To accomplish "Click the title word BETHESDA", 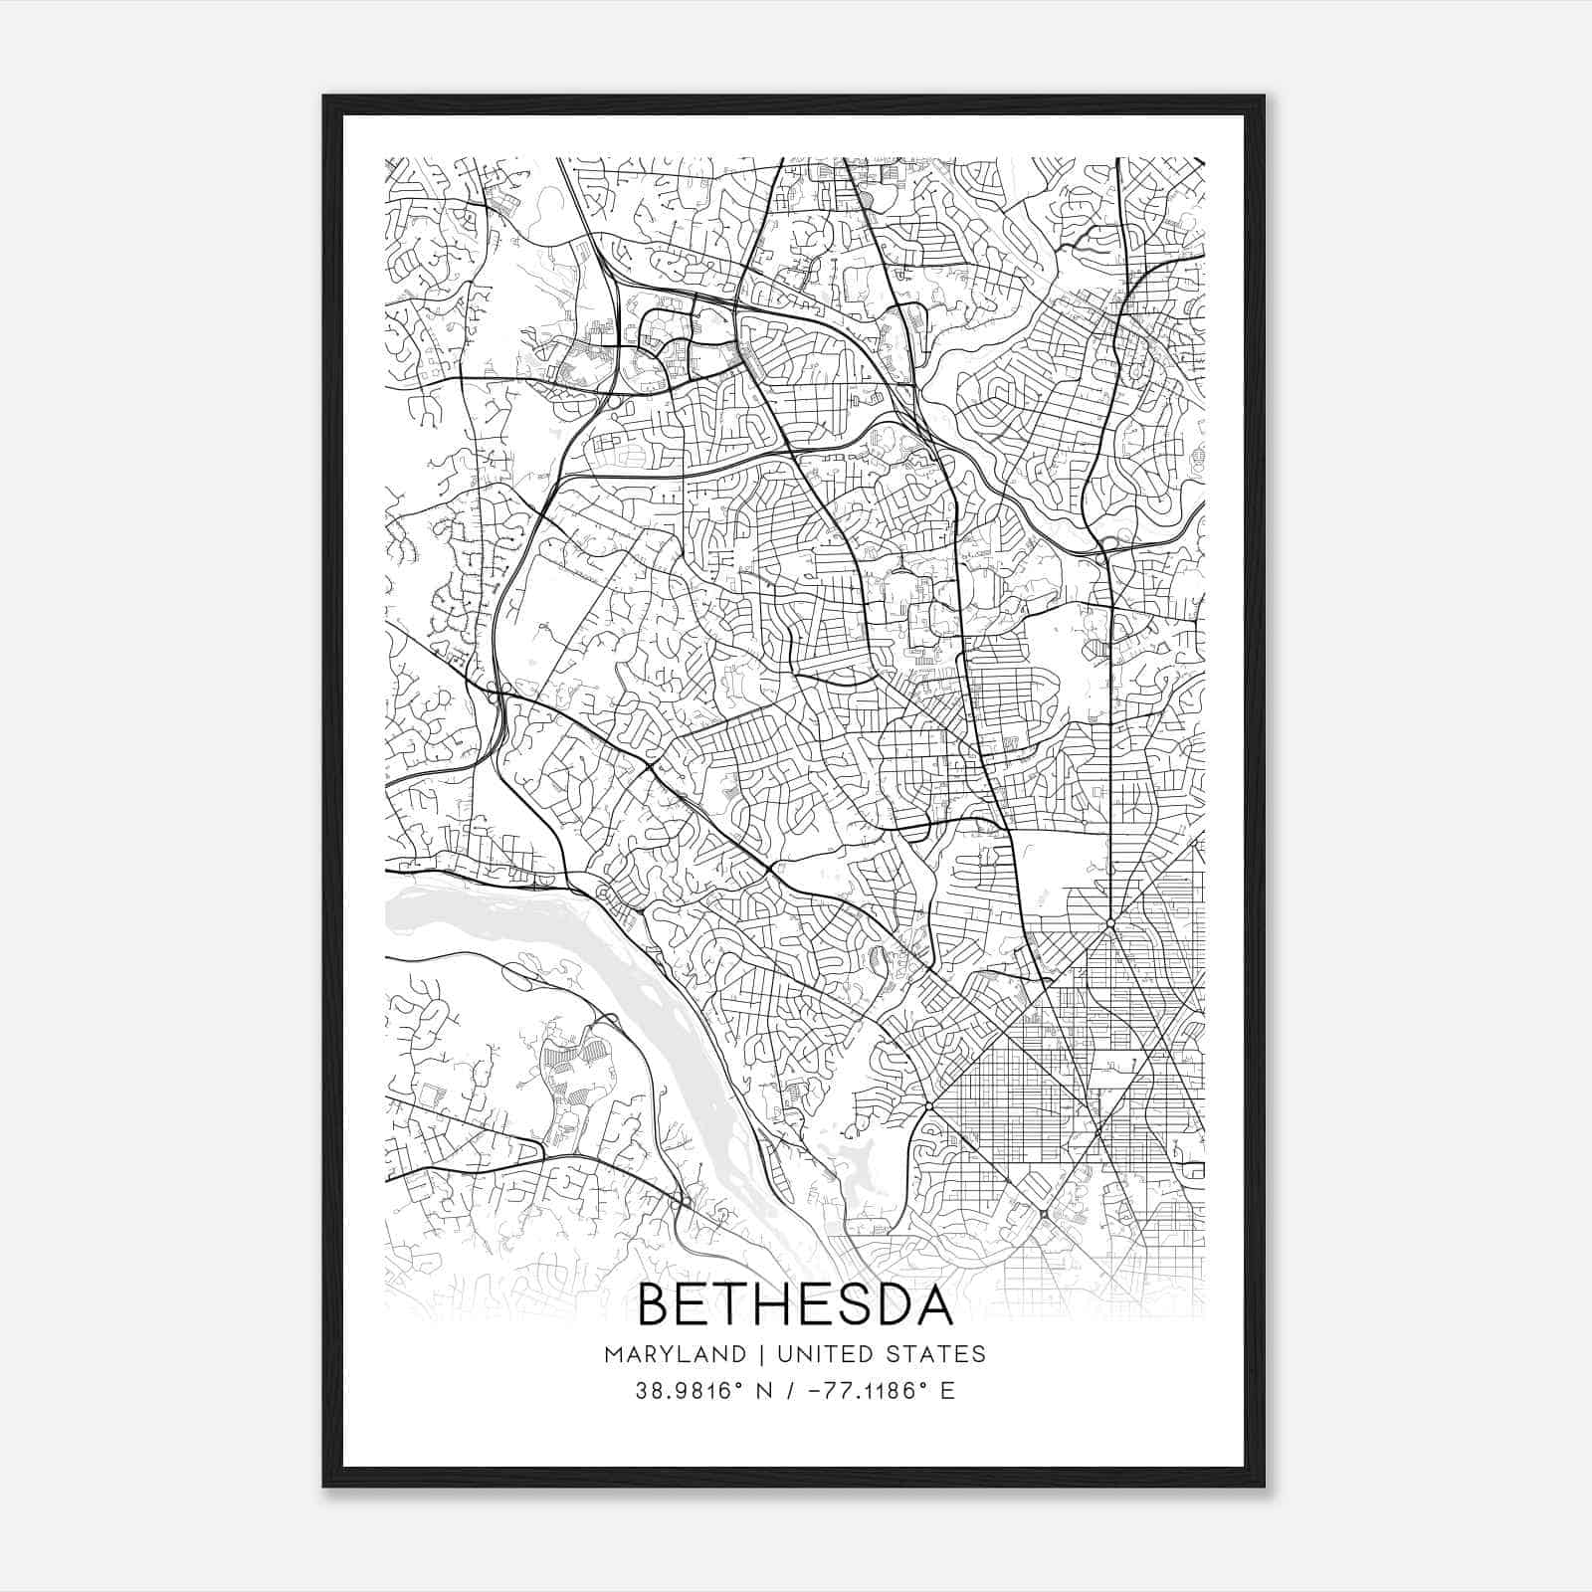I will pyautogui.click(x=795, y=1305).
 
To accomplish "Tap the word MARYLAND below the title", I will pyautogui.click(x=674, y=1354).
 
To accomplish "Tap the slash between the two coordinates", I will pyautogui.click(x=788, y=1391).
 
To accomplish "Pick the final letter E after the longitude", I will pyautogui.click(x=947, y=1391).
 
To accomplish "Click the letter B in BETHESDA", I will pyautogui.click(x=654, y=1305).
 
